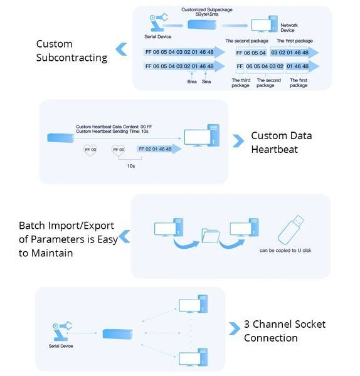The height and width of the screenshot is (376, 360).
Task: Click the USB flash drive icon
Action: [x=290, y=229]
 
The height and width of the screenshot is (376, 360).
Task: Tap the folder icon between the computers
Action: [x=211, y=236]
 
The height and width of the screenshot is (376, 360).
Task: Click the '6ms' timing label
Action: [x=192, y=81]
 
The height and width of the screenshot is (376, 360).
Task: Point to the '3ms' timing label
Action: [x=206, y=81]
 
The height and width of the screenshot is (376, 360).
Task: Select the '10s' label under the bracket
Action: [x=131, y=166]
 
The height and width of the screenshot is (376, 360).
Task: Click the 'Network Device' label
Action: [x=289, y=28]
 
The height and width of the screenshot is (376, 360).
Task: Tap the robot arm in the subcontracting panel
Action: [x=158, y=23]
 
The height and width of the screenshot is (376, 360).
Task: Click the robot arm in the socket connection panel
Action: [x=62, y=331]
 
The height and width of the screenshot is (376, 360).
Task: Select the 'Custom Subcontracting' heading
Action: [x=71, y=51]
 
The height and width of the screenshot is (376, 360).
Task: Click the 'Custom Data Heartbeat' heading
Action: [x=281, y=142]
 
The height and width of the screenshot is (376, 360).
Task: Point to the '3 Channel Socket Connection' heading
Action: [x=285, y=331]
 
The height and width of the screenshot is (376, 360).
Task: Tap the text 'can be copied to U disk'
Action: [x=285, y=250]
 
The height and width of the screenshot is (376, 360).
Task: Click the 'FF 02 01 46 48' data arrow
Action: [x=159, y=149]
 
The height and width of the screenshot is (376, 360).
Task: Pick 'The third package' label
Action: [x=241, y=83]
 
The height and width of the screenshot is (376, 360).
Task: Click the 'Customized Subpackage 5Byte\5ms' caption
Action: [x=206, y=12]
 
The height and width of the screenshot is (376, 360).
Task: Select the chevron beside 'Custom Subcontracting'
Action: [x=121, y=49]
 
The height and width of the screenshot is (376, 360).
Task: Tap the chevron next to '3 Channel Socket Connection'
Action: [x=234, y=328]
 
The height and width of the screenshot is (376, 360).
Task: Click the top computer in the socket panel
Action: [x=193, y=304]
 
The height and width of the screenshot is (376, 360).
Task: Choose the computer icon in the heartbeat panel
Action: [x=201, y=135]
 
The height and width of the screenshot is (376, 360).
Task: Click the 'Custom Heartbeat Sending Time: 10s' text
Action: [x=112, y=132]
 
